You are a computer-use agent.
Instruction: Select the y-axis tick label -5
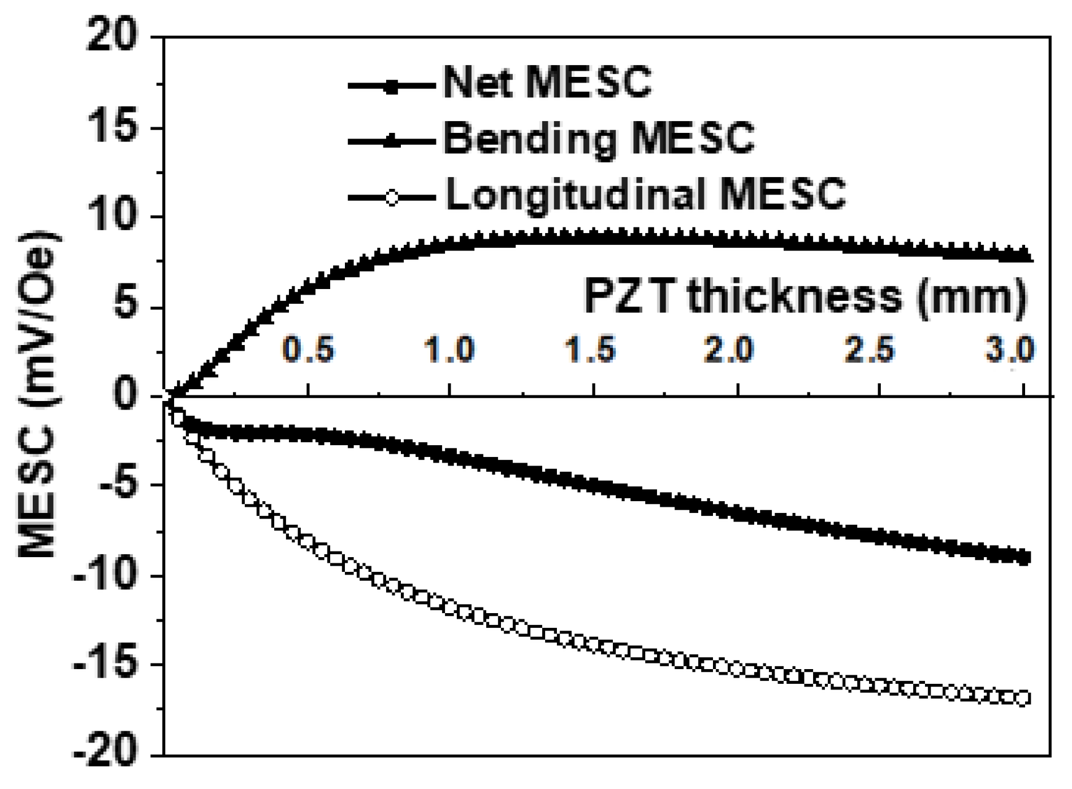click(x=119, y=485)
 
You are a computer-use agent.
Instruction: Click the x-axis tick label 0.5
click(x=309, y=349)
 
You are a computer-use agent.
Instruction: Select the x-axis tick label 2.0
click(x=729, y=349)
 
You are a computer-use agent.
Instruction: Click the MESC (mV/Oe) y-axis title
click(x=38, y=394)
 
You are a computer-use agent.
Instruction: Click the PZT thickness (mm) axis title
click(x=805, y=296)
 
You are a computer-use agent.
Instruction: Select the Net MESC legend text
click(x=547, y=83)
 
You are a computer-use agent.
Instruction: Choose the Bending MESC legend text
click(x=599, y=138)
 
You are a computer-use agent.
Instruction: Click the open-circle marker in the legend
click(x=391, y=198)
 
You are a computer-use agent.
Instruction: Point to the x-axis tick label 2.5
click(x=870, y=349)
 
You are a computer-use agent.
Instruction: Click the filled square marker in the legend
click(x=391, y=87)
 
